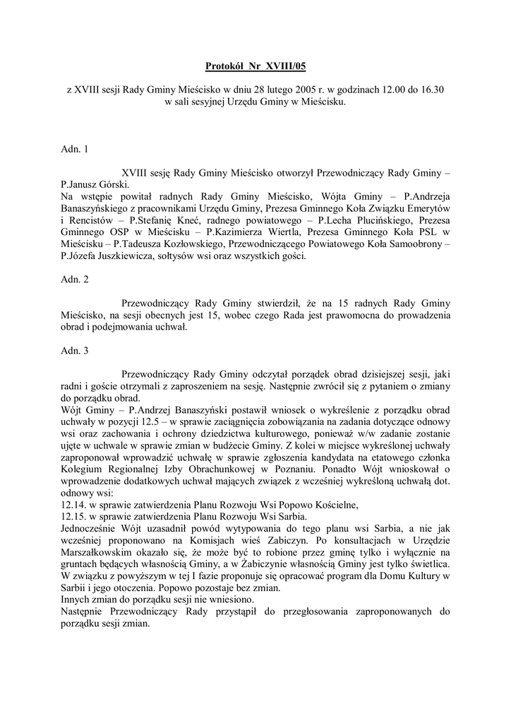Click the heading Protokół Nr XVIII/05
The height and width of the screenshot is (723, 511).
pos(256,67)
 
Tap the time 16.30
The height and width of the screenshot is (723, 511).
pos(433,90)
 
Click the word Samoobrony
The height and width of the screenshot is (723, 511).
pos(416,244)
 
